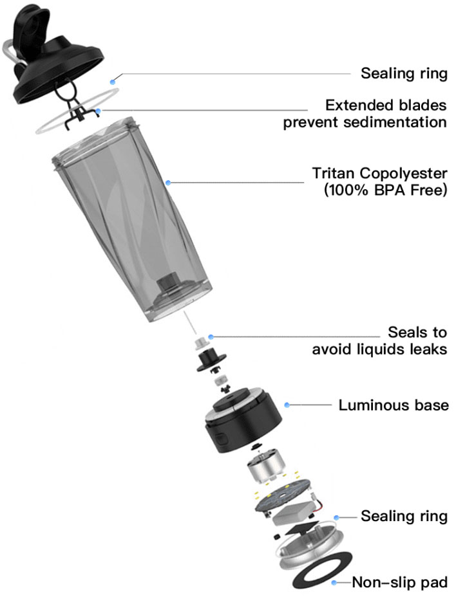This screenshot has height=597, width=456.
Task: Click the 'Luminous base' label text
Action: click(393, 405)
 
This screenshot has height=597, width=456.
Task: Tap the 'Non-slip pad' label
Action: click(399, 583)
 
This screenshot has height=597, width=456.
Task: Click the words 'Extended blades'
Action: click(386, 105)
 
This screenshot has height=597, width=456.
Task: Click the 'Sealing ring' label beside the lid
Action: click(403, 73)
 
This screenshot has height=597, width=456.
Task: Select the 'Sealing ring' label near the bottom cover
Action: click(403, 516)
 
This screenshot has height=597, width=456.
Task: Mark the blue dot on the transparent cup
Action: click(168, 183)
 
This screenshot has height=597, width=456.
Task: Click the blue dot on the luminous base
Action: click(288, 405)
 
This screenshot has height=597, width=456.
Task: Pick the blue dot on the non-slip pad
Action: click(334, 583)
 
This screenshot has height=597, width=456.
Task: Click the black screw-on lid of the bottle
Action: click(58, 71)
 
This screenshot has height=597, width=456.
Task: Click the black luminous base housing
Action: click(238, 431)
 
